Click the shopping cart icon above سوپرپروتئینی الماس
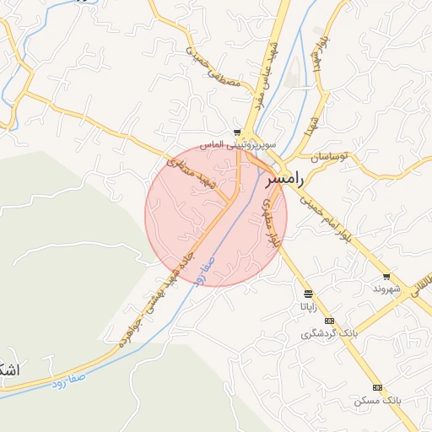click(239, 132)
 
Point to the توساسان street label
click(332, 158)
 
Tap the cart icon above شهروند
click(386, 277)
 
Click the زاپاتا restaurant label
click(309, 306)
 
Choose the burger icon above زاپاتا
click(309, 294)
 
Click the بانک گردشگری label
click(330, 333)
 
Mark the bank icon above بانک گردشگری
click(329, 321)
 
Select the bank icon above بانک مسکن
click(377, 387)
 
